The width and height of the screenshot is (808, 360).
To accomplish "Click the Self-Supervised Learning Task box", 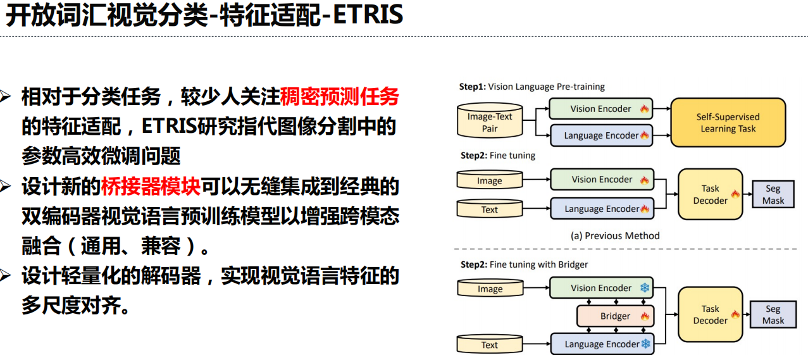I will pyautogui.click(x=728, y=123).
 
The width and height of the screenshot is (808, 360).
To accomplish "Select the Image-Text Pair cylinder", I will pyautogui.click(x=490, y=123).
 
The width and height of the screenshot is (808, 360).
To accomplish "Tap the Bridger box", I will pyautogui.click(x=615, y=316).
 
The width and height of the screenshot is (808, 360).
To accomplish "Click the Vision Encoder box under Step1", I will pyautogui.click(x=600, y=109).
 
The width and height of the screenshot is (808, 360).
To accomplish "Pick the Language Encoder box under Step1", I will pyautogui.click(x=600, y=135).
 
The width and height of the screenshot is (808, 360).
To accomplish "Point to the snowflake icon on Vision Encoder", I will pyautogui.click(x=645, y=288).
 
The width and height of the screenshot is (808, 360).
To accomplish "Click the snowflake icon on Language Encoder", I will pyautogui.click(x=645, y=344).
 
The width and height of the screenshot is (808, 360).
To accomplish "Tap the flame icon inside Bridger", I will pyautogui.click(x=645, y=316).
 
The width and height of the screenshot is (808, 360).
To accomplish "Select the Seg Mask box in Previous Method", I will pyautogui.click(x=773, y=194).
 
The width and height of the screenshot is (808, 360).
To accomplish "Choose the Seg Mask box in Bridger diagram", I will pyautogui.click(x=773, y=314).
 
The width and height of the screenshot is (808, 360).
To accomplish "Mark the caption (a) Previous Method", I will pyautogui.click(x=615, y=236).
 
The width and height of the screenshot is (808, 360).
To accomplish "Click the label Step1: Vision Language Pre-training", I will pyautogui.click(x=532, y=87).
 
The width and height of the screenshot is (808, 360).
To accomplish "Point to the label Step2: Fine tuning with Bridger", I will pyautogui.click(x=524, y=264).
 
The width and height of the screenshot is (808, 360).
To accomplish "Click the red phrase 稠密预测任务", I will pyautogui.click(x=339, y=97).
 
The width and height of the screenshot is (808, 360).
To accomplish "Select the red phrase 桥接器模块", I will pyautogui.click(x=151, y=187).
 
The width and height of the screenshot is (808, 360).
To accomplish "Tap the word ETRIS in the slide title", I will pyautogui.click(x=368, y=16).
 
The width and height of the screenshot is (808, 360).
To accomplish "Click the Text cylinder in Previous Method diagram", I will pyautogui.click(x=490, y=209).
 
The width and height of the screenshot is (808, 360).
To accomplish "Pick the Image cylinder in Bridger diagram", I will pyautogui.click(x=490, y=289).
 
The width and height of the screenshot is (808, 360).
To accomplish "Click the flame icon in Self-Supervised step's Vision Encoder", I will pyautogui.click(x=645, y=109).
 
